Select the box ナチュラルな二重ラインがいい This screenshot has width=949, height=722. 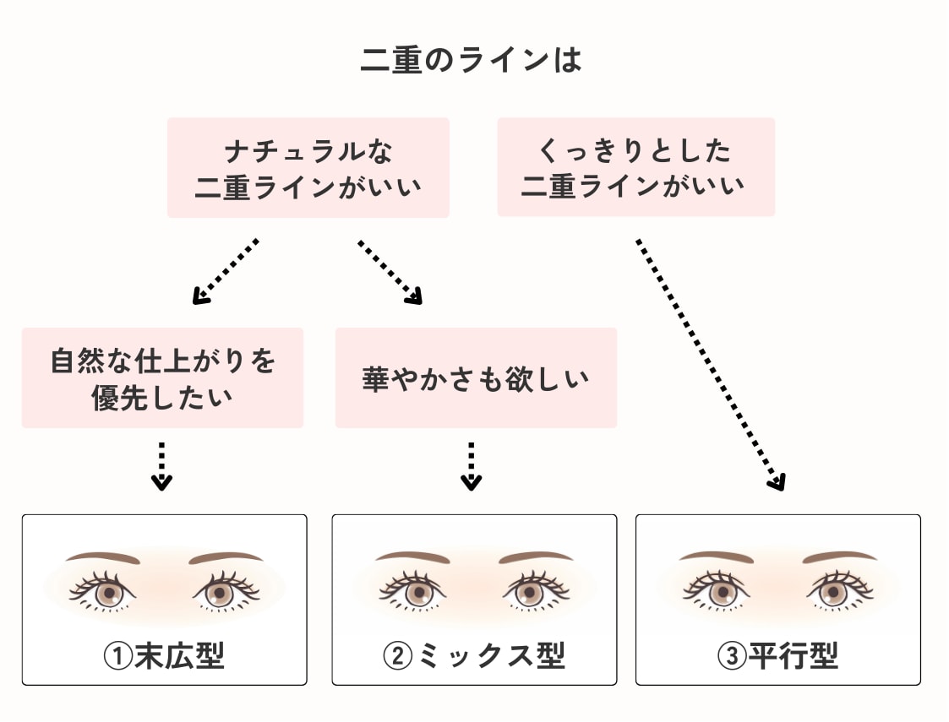308,168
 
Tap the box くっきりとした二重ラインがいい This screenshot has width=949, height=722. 635,167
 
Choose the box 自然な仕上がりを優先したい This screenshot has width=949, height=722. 162,377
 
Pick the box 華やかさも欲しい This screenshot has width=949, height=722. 475,377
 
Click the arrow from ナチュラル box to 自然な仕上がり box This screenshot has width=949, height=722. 225,271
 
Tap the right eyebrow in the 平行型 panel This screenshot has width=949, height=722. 839,557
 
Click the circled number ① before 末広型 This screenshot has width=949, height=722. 117,655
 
